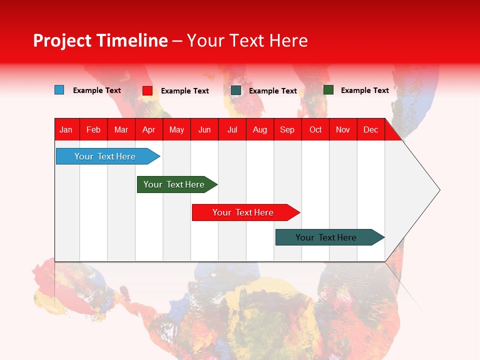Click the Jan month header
click(66, 129)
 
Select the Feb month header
click(93, 129)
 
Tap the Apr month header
click(148, 129)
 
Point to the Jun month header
click(204, 129)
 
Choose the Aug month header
click(259, 129)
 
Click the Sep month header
click(287, 129)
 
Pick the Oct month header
click(315, 129)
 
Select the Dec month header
click(370, 129)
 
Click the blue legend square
click(59, 90)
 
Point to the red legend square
click(147, 90)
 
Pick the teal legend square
click(236, 90)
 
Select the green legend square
click(328, 90)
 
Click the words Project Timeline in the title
click(100, 40)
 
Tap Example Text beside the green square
click(364, 90)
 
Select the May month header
click(176, 129)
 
